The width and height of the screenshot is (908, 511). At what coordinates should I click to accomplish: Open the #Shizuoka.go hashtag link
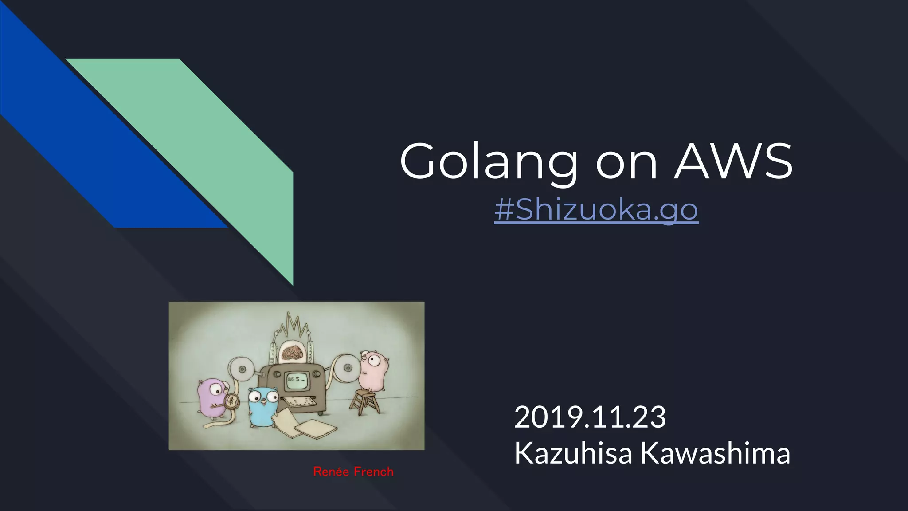pos(596,209)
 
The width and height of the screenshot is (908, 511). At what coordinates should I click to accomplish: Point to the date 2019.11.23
pos(590,417)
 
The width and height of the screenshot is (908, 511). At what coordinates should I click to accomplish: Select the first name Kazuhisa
pos(573,453)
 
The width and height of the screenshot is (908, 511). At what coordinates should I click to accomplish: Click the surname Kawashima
pos(715,453)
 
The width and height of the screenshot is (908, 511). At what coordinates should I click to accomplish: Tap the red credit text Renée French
pos(353,472)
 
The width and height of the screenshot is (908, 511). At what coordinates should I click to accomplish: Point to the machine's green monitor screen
pos(297,381)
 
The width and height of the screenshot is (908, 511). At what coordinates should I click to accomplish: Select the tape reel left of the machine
pos(242,369)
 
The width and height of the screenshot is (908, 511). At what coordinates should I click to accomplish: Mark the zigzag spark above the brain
pos(293,326)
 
